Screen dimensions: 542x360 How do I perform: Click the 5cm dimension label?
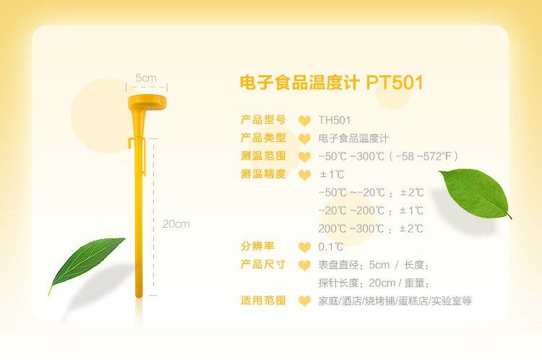point(146,78)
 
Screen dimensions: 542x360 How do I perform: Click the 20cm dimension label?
point(176,224)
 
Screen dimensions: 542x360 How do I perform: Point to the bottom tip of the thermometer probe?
point(139,296)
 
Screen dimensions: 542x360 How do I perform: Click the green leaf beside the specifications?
point(476,194)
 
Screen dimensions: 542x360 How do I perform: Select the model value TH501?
point(335,120)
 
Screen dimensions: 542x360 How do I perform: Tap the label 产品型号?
point(263,120)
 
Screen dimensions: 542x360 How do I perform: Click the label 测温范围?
point(263,156)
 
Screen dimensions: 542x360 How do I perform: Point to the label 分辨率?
point(257,247)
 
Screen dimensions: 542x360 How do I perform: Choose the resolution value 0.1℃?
point(331,247)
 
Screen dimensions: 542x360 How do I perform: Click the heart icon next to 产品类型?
point(304,139)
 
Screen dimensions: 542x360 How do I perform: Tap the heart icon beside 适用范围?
point(304,301)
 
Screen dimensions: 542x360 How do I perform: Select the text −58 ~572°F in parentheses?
point(423,156)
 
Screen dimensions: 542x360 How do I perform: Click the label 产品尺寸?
point(263,265)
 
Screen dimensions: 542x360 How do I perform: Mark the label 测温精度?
point(263,174)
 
